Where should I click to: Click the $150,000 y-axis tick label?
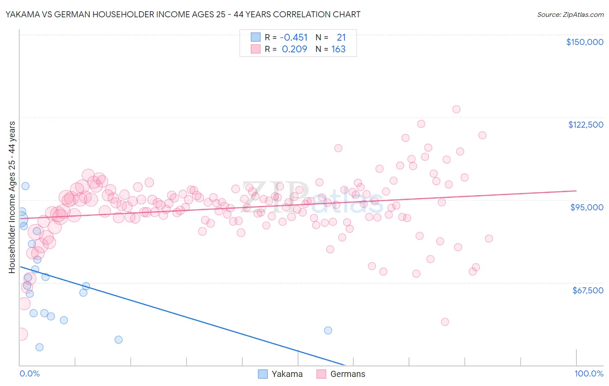point(584,42)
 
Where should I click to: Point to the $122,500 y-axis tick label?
point(586,125)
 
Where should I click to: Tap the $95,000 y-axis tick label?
point(586,207)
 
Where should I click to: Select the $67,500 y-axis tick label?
point(587,290)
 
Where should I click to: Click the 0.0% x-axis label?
point(29,374)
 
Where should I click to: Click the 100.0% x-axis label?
point(589,374)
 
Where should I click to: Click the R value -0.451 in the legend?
point(294,38)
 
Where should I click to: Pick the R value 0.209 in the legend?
point(295,49)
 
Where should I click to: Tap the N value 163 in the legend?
point(338,49)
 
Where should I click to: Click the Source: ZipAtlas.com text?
point(570,15)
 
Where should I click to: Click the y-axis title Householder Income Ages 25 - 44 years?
point(12,197)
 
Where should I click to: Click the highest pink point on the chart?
point(456,109)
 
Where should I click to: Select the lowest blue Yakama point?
point(39,347)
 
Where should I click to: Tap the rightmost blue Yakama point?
point(328,331)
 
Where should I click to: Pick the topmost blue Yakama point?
point(26,186)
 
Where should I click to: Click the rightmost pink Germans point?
point(489,238)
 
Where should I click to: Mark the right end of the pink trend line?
point(576,190)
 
